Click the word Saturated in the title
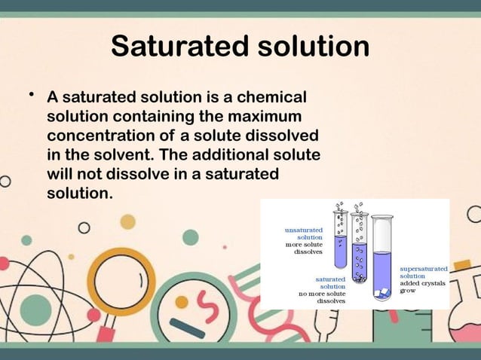pos(173,47)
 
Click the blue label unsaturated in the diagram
pos(304,229)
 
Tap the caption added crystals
pos(423,283)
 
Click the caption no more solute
pos(323,293)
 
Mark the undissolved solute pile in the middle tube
pos(360,279)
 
